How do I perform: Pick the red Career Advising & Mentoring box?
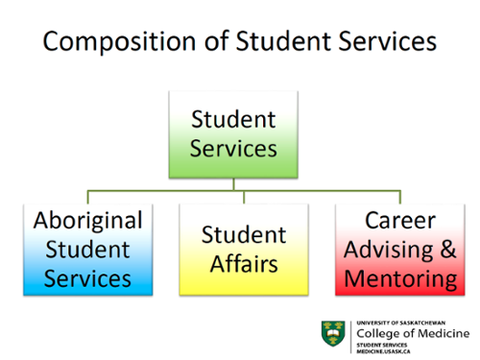400,249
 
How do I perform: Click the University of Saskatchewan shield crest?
333,332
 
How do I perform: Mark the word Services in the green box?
234,149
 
